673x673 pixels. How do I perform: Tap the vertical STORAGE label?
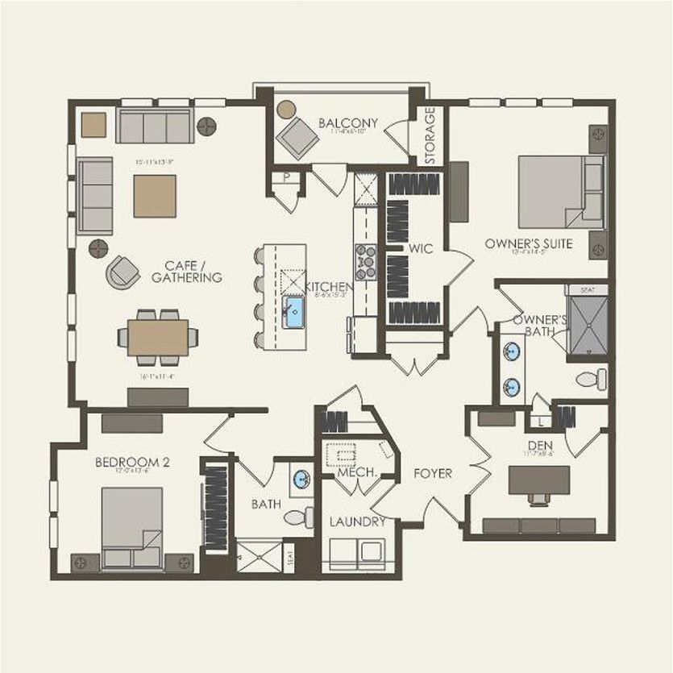tap(430, 136)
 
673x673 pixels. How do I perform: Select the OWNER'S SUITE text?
tap(529, 242)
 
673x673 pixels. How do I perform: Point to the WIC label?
tap(421, 248)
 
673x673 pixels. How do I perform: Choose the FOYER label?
tap(434, 473)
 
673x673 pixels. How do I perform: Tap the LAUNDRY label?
tap(356, 521)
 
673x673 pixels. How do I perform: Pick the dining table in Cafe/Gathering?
tap(157, 337)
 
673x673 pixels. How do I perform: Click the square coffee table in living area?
tap(155, 196)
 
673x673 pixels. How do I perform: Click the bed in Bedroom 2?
tap(132, 524)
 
